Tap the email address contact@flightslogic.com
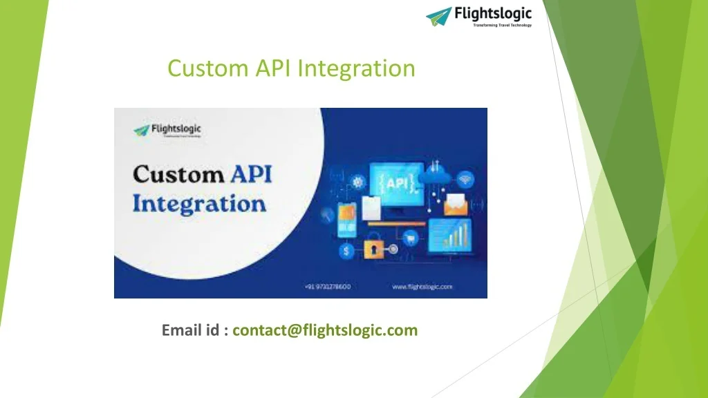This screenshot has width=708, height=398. (x=325, y=330)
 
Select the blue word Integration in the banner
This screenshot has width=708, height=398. (x=199, y=205)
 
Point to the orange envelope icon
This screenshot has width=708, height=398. (x=456, y=204)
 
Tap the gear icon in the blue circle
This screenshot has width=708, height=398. (x=358, y=182)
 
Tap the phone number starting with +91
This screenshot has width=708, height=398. (x=327, y=285)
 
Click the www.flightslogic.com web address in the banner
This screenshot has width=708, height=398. (x=422, y=285)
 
